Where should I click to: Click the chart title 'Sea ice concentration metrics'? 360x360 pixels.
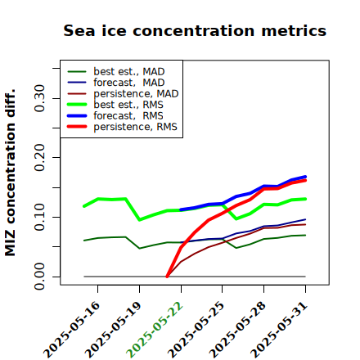[x=195, y=30]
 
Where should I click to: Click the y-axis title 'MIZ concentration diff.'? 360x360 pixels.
[x=10, y=173]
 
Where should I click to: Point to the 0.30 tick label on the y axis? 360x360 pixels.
[x=40, y=98]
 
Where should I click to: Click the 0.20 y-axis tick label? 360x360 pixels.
[x=40, y=157]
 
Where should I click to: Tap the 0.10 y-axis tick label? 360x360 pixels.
[x=40, y=217]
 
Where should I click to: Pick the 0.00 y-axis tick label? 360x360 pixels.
[x=40, y=277]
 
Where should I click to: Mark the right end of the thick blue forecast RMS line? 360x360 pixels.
[x=305, y=177]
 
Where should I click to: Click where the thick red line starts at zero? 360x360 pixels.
[x=167, y=277]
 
